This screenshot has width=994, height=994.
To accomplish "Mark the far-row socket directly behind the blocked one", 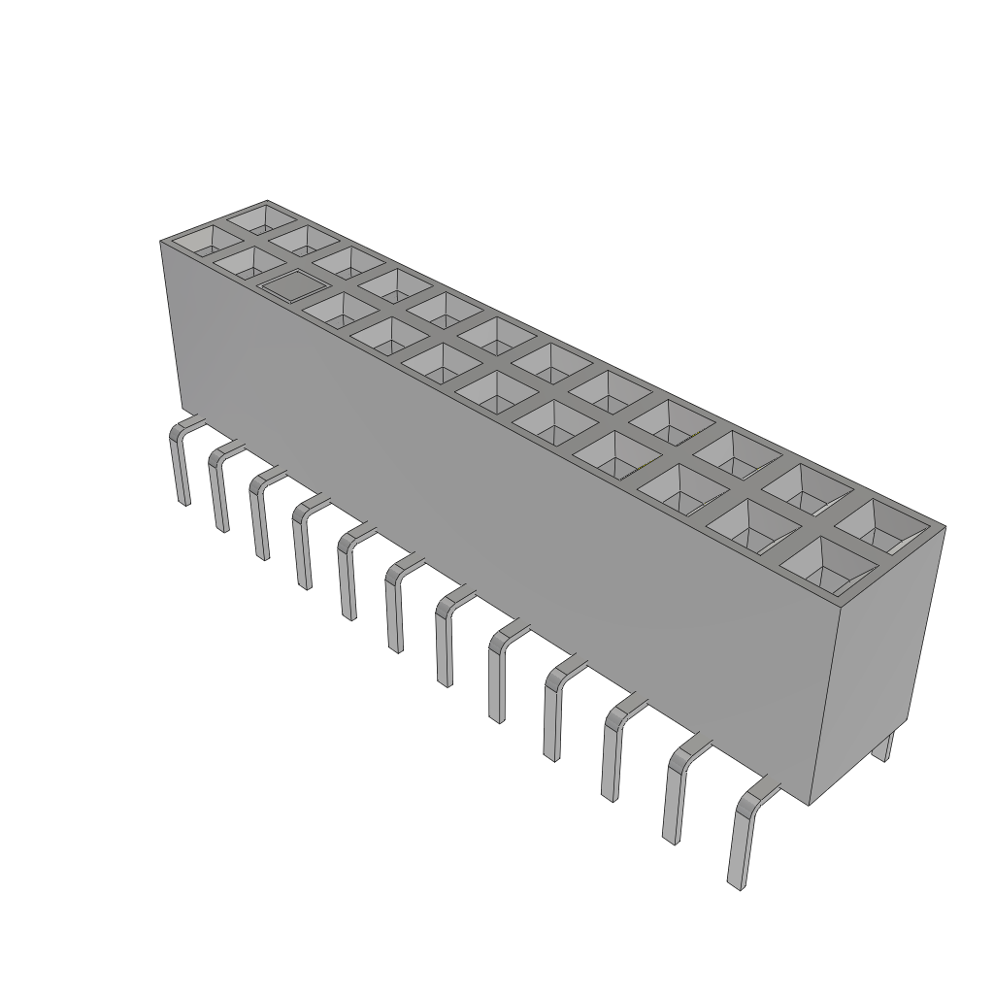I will point(347,260).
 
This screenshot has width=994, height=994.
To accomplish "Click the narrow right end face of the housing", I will point(874,660).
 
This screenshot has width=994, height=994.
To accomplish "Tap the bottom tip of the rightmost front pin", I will point(735,882).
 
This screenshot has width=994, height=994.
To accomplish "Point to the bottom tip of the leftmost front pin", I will point(183,501).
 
